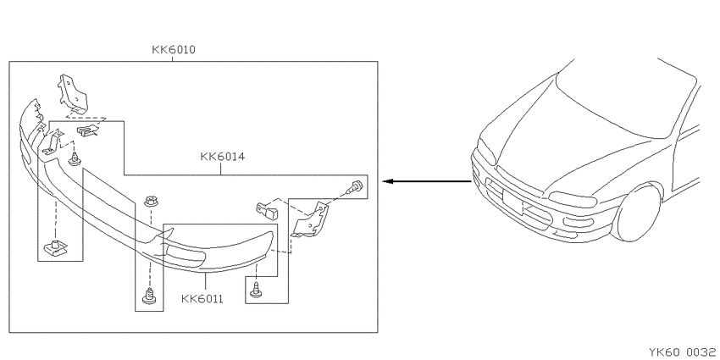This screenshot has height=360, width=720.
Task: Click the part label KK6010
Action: (x=174, y=50)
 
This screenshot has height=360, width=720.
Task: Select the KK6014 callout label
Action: (x=222, y=157)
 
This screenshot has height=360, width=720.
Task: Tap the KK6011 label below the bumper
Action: (x=202, y=299)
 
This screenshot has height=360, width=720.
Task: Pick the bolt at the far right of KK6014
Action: (x=357, y=186)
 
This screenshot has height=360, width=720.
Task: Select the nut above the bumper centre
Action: (x=150, y=201)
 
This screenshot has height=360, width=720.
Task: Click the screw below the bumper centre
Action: (x=149, y=296)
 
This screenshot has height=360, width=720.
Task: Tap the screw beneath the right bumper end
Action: (x=255, y=291)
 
